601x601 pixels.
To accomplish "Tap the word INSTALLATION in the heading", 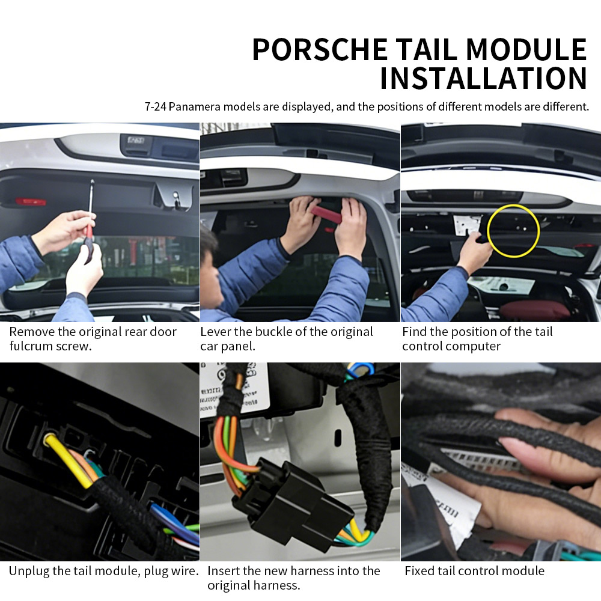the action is (x=483, y=79).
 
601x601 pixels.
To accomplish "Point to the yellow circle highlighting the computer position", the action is (x=513, y=206).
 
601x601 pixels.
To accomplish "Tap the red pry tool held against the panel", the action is (x=326, y=214).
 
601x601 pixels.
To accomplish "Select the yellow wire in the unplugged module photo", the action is (x=69, y=461).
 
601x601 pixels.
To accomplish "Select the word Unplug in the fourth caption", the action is (x=29, y=571).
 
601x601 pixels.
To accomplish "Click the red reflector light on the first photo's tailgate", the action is (x=31, y=201).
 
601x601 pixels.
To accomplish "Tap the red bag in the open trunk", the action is (x=534, y=310).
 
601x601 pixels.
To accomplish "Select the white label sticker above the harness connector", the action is (x=234, y=387).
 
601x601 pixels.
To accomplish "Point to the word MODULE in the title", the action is (x=526, y=49).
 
